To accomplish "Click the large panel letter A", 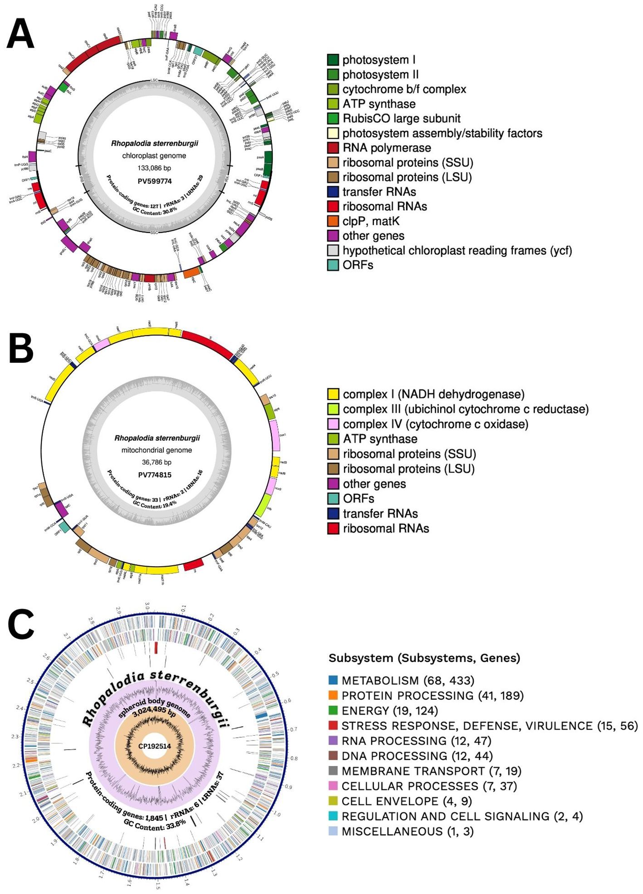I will [20, 34].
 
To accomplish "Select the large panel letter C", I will [21, 625].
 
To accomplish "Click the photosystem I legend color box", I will [333, 60].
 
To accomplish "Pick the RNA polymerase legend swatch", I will [333, 148].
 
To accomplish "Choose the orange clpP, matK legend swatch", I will [333, 221].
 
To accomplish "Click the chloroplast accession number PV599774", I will [154, 181].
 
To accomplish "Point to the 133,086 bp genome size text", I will [154, 168].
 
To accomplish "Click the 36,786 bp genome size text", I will [157, 462].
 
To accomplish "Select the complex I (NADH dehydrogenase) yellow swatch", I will [334, 394].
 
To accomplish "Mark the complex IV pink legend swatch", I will [334, 424].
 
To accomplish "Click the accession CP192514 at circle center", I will [155, 746].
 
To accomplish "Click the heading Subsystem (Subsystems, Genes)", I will [424, 658].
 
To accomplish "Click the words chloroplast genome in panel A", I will [154, 156].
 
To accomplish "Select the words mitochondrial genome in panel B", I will [157, 450].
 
